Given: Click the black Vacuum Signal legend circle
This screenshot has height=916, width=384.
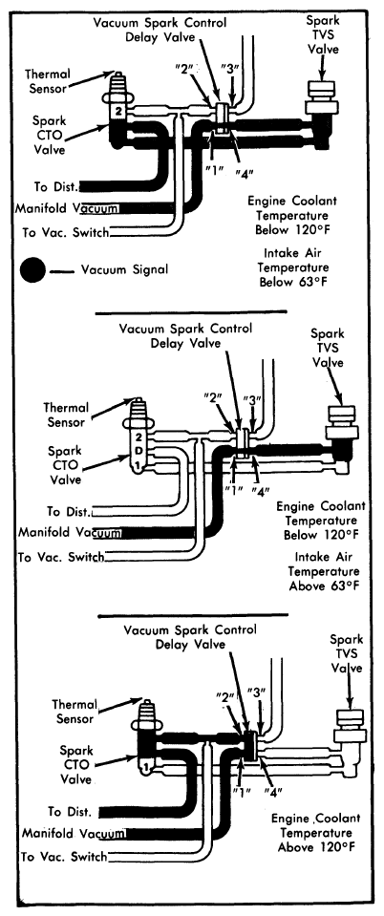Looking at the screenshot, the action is [32, 270].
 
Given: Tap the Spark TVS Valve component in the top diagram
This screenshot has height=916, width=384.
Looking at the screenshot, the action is [322, 98].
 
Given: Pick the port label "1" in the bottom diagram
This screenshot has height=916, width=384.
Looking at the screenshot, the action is [237, 792].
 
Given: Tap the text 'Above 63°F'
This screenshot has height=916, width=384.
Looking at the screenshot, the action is [325, 586].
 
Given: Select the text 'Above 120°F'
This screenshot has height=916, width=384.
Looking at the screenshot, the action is [317, 846].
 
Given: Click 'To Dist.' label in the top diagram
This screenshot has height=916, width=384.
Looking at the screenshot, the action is [56, 187].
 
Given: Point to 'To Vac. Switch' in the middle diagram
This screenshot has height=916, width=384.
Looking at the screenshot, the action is [61, 557].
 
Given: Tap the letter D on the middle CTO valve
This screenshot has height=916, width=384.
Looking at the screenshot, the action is [137, 451].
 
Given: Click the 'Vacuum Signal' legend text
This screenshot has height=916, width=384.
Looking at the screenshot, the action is [124, 269].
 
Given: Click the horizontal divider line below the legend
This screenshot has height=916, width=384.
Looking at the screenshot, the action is [191, 312].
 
